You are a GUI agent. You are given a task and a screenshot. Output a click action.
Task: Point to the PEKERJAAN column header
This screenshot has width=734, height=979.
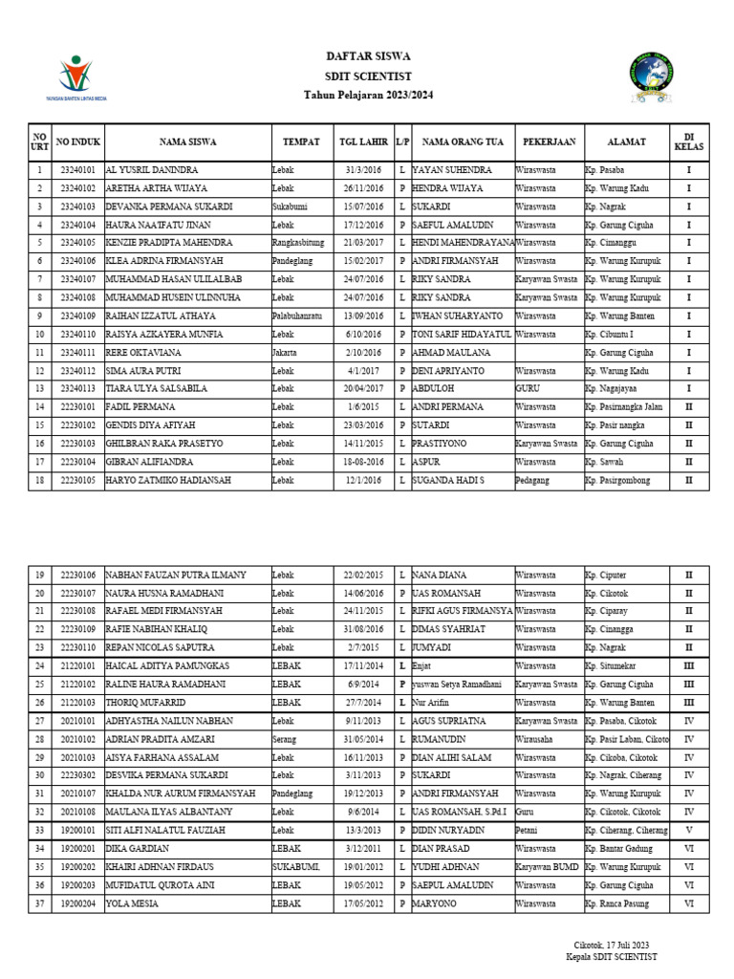tap(549, 141)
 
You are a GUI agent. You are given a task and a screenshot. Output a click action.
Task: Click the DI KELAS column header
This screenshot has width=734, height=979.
tap(688, 141)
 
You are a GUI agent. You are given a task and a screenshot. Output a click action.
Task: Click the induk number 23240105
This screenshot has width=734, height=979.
tap(77, 243)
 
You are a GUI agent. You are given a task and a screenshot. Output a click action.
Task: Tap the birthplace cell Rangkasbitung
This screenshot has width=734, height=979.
tap(297, 243)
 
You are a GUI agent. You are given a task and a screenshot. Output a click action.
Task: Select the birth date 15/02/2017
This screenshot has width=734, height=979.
tap(362, 261)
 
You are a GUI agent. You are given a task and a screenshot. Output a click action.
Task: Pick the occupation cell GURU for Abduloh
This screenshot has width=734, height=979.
tap(528, 389)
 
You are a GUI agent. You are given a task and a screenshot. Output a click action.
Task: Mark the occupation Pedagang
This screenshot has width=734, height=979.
tap(533, 480)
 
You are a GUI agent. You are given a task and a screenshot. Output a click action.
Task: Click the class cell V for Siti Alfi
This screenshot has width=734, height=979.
tap(688, 831)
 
